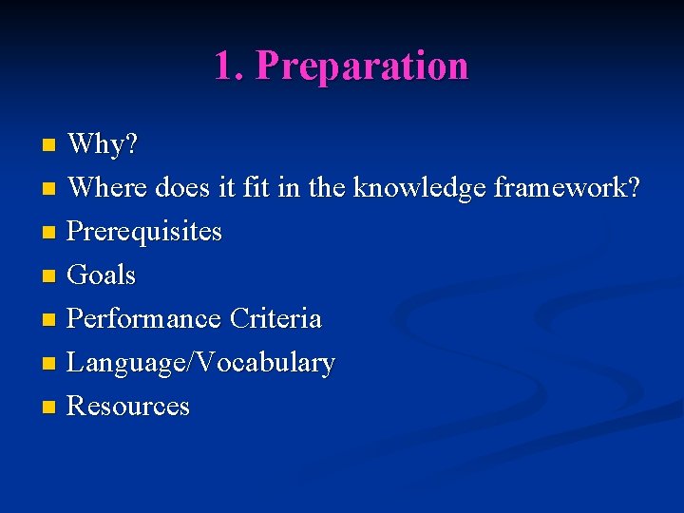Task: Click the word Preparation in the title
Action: click(362, 66)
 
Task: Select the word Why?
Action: click(104, 144)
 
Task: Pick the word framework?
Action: click(567, 188)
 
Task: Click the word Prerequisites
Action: click(144, 232)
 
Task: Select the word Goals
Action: click(102, 275)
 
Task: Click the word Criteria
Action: click(275, 318)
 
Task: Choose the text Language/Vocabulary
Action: click(200, 363)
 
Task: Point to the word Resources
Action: click(128, 407)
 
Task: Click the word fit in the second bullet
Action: click(256, 188)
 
